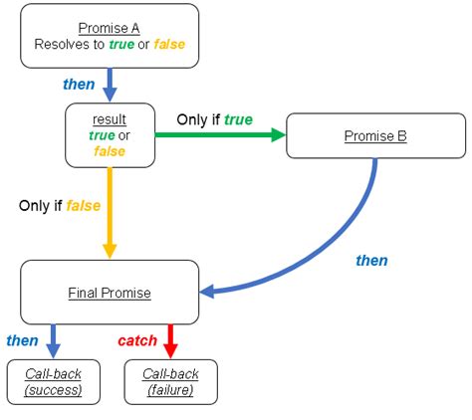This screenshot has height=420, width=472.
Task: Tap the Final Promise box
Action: tap(110, 293)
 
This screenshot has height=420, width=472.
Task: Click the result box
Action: tap(111, 134)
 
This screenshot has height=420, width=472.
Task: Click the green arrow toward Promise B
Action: tap(219, 137)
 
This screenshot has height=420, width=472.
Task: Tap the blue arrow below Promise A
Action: tap(111, 84)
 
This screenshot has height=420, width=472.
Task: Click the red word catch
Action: tap(137, 340)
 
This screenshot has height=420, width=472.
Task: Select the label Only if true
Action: tap(214, 119)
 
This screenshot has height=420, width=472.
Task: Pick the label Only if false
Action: tap(58, 206)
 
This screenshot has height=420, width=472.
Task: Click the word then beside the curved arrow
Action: tap(371, 261)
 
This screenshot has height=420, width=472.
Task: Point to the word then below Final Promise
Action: tap(22, 340)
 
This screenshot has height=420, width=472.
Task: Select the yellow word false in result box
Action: tap(110, 150)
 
